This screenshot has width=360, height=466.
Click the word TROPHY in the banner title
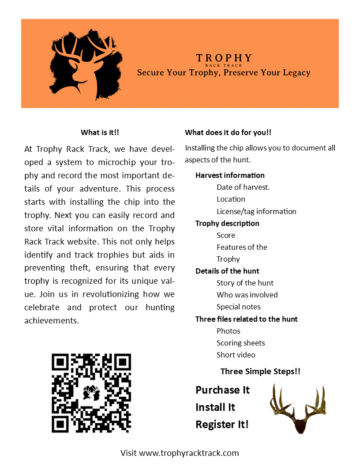coord(224,58)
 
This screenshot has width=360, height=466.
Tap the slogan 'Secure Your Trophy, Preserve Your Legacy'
coord(224,73)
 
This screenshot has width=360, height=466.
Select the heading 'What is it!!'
coord(100,132)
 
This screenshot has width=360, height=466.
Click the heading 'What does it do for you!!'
coord(228,132)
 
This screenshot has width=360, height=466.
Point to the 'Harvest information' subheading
coord(230,175)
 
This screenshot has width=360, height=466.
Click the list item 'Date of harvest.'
coord(243,187)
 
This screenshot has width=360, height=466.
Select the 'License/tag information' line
coord(256,211)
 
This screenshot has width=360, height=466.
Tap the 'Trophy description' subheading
coord(227,223)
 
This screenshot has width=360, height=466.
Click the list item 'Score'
coord(226,235)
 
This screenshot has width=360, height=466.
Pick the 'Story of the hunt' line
coord(245,283)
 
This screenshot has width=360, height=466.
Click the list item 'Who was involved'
coord(247,295)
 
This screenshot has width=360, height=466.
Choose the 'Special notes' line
coord(238,307)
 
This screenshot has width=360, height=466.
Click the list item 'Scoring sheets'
coord(240,343)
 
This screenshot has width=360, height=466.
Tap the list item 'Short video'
coord(236,355)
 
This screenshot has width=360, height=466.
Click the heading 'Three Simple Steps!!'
coord(260,372)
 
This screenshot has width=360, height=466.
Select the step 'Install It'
coord(215,407)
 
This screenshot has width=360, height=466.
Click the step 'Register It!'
coord(222,425)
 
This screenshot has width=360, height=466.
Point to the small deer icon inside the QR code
coord(91,392)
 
